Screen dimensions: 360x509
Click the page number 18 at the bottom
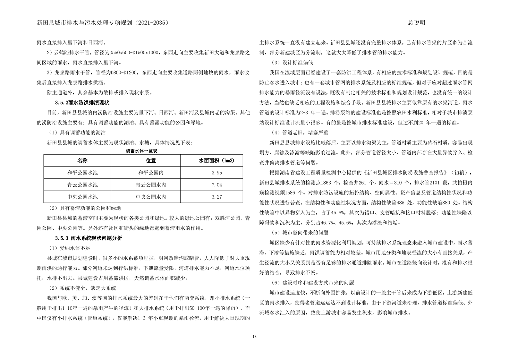(254, 337)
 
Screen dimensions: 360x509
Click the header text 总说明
(416, 23)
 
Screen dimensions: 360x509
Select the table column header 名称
(82, 160)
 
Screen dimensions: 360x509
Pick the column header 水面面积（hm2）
(216, 160)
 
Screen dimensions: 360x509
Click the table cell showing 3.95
(217, 173)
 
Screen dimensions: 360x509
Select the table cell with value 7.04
(217, 185)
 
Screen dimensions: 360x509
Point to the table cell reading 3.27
(217, 197)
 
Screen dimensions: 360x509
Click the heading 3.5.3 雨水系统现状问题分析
(88, 238)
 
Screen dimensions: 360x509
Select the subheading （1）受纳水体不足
(69, 248)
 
